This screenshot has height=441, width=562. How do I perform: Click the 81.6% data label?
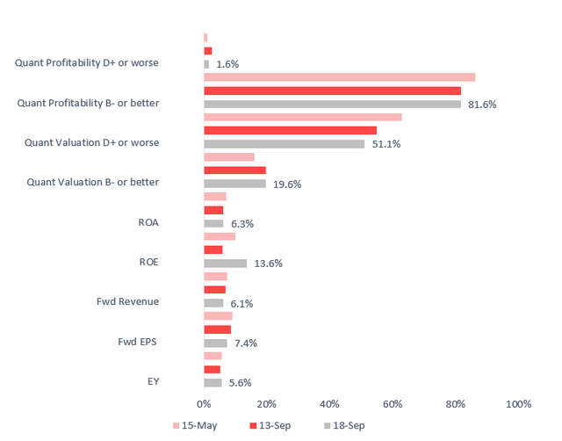(x=482, y=105)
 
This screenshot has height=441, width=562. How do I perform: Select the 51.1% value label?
(x=386, y=144)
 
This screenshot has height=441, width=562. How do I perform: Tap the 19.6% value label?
(x=287, y=184)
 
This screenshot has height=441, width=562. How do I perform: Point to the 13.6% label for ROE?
(x=268, y=264)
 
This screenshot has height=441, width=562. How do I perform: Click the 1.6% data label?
(x=227, y=64)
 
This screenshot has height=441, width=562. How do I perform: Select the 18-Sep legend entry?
(x=344, y=426)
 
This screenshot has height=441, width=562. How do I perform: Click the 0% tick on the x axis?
(x=204, y=404)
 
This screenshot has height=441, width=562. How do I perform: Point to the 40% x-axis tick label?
(x=329, y=404)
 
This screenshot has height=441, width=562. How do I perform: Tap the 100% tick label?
(x=518, y=404)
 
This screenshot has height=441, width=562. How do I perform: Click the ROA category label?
(x=148, y=222)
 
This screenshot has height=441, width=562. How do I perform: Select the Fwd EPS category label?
(x=139, y=342)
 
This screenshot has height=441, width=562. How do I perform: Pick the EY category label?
(x=153, y=381)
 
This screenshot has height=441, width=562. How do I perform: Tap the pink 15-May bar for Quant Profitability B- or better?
(x=339, y=77)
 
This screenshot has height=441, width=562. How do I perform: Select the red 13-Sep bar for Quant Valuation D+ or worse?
(x=290, y=130)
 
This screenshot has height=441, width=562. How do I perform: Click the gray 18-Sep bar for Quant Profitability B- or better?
(x=332, y=105)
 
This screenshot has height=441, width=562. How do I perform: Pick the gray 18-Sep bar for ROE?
(x=225, y=264)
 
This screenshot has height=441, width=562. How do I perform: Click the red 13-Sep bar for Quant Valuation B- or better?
(x=234, y=170)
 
